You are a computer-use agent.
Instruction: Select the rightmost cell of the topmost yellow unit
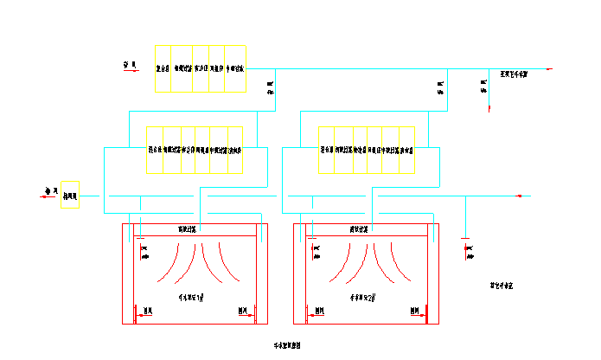click(x=235, y=68)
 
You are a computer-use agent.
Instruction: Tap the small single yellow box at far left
click(x=70, y=196)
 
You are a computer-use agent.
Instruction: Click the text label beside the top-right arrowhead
click(x=515, y=74)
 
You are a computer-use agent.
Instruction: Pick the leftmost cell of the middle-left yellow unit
click(x=155, y=150)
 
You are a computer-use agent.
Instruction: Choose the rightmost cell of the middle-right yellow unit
click(x=407, y=150)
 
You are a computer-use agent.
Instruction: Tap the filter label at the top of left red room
click(x=188, y=229)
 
